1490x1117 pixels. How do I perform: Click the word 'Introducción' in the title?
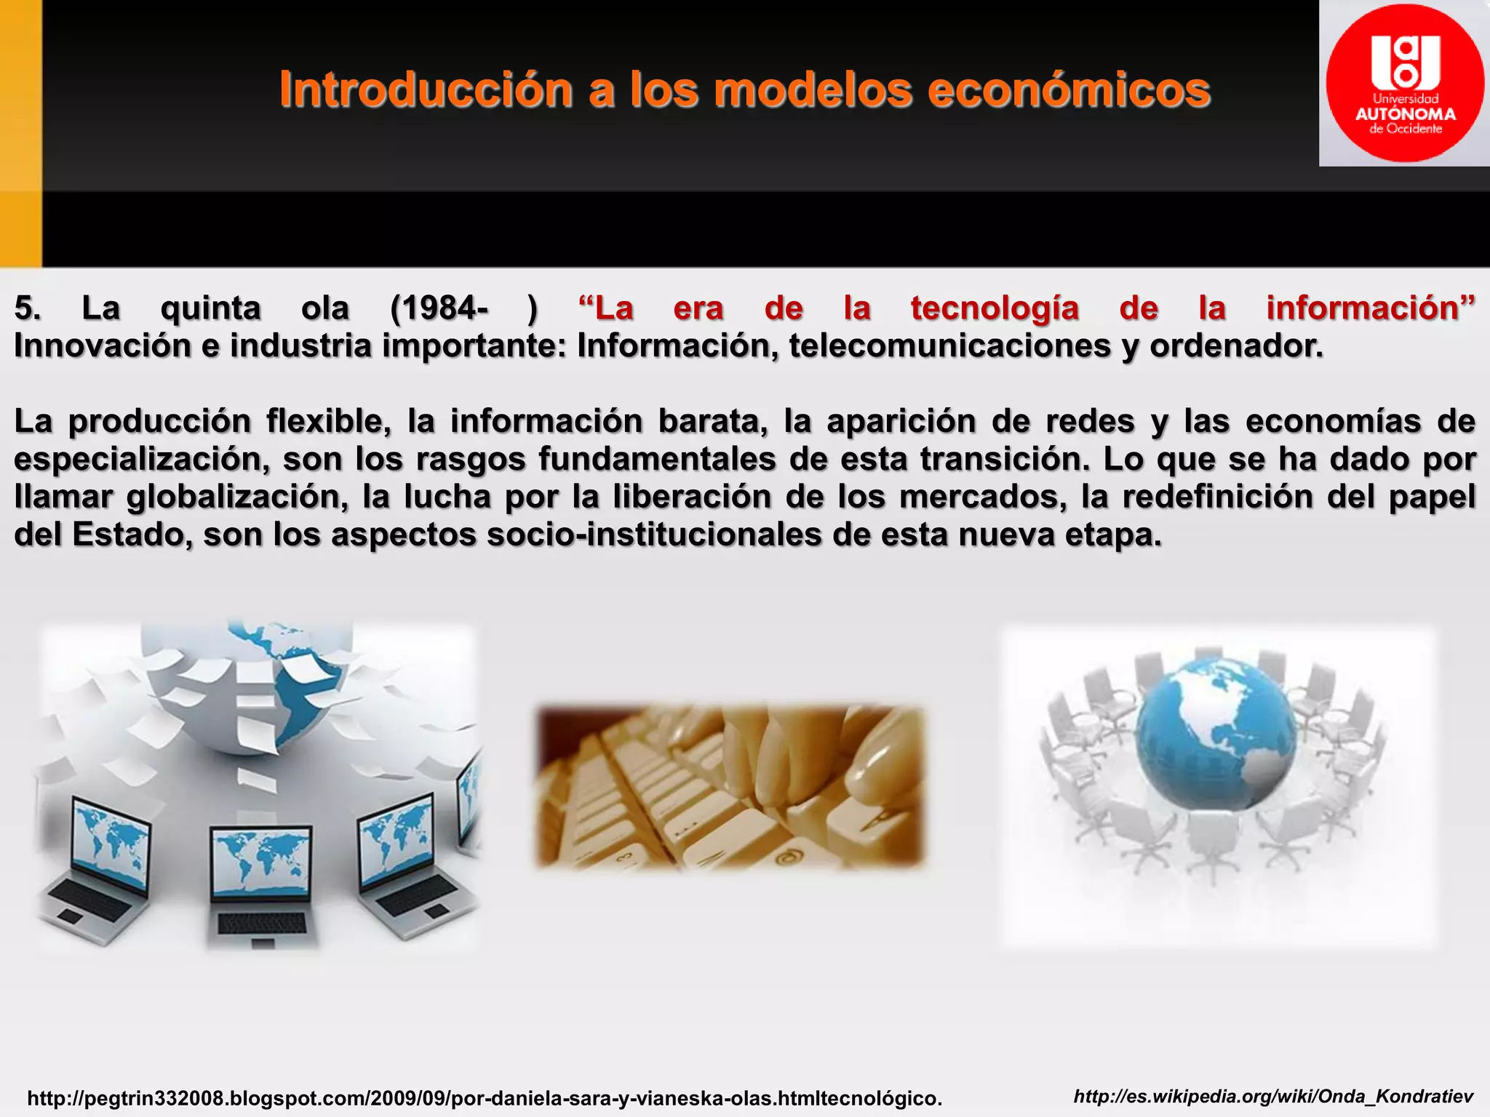(426, 90)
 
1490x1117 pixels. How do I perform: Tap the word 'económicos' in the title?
(1069, 90)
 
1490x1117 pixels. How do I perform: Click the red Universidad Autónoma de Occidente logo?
(1404, 83)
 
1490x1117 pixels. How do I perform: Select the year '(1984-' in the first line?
(439, 308)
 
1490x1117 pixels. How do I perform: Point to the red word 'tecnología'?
(994, 308)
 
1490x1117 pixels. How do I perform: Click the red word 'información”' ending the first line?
(1370, 308)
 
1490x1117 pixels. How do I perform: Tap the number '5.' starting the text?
(28, 308)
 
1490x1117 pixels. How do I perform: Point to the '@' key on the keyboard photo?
(785, 857)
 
